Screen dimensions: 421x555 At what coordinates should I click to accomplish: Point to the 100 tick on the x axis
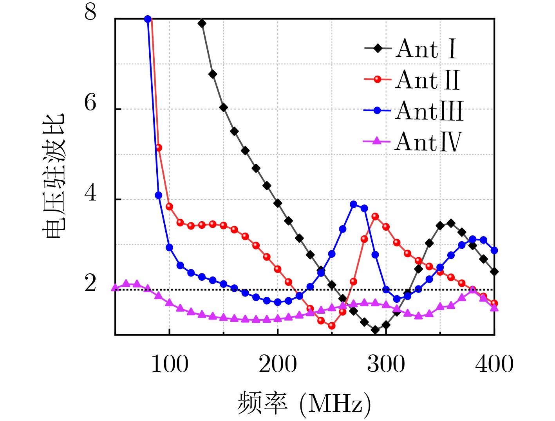[x=170, y=364]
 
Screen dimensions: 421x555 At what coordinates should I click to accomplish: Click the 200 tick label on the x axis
[x=278, y=364]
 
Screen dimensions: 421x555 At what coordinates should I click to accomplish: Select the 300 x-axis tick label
[x=386, y=364]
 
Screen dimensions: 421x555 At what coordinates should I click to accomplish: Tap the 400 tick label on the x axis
[x=494, y=364]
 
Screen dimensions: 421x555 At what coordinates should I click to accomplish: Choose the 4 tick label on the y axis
[x=90, y=193]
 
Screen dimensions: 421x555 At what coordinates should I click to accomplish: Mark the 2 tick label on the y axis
[x=90, y=283]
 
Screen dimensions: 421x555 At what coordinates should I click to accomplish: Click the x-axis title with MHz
[x=304, y=403]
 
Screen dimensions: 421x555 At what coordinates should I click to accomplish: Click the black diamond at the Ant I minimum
[x=375, y=330]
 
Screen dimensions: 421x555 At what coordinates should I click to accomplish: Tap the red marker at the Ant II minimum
[x=332, y=325]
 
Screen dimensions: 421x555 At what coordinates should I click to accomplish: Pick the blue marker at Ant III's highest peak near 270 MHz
[x=354, y=204]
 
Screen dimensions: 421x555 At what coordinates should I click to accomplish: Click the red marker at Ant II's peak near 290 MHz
[x=375, y=217]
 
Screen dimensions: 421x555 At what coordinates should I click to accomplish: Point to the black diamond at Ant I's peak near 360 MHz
[x=451, y=223]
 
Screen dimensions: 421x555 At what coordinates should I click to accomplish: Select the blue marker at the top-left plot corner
[x=148, y=19]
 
